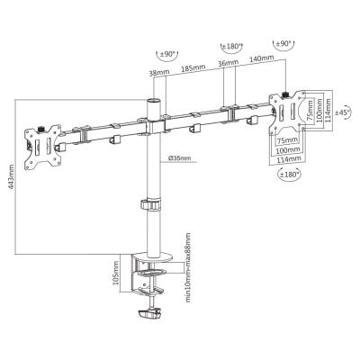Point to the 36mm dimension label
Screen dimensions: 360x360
coord(228,66)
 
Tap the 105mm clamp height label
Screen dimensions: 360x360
coord(117,271)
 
